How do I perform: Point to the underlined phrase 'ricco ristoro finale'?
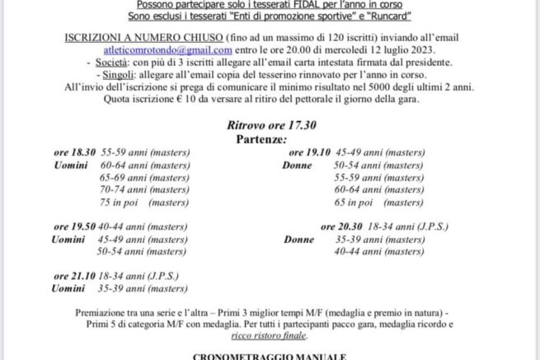269,336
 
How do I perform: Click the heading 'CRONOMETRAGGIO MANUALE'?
270,356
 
